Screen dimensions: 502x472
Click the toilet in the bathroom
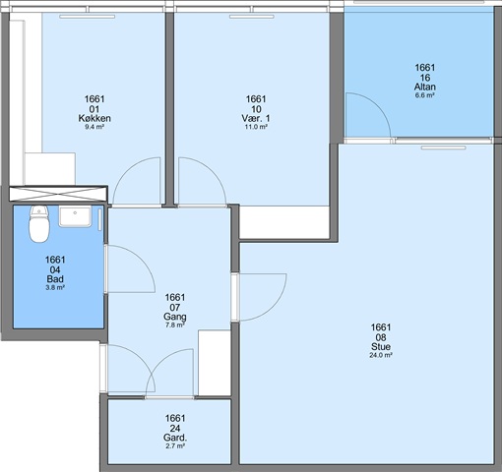(39, 224)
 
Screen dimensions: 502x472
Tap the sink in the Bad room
(75, 216)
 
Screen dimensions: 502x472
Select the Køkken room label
(94, 118)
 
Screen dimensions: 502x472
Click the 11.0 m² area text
(256, 127)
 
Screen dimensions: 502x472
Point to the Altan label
(425, 87)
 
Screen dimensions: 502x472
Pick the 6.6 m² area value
(425, 95)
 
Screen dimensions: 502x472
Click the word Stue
(381, 346)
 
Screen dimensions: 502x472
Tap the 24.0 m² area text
(381, 355)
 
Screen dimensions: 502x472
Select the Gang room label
(175, 317)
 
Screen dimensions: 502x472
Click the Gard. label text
(175, 438)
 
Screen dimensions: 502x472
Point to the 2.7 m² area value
(175, 446)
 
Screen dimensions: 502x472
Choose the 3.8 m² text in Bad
(55, 287)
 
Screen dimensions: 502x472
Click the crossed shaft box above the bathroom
(58, 194)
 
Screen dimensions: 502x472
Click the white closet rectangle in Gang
(215, 363)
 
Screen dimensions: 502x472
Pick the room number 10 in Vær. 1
(256, 109)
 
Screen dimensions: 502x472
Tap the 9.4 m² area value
(94, 127)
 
